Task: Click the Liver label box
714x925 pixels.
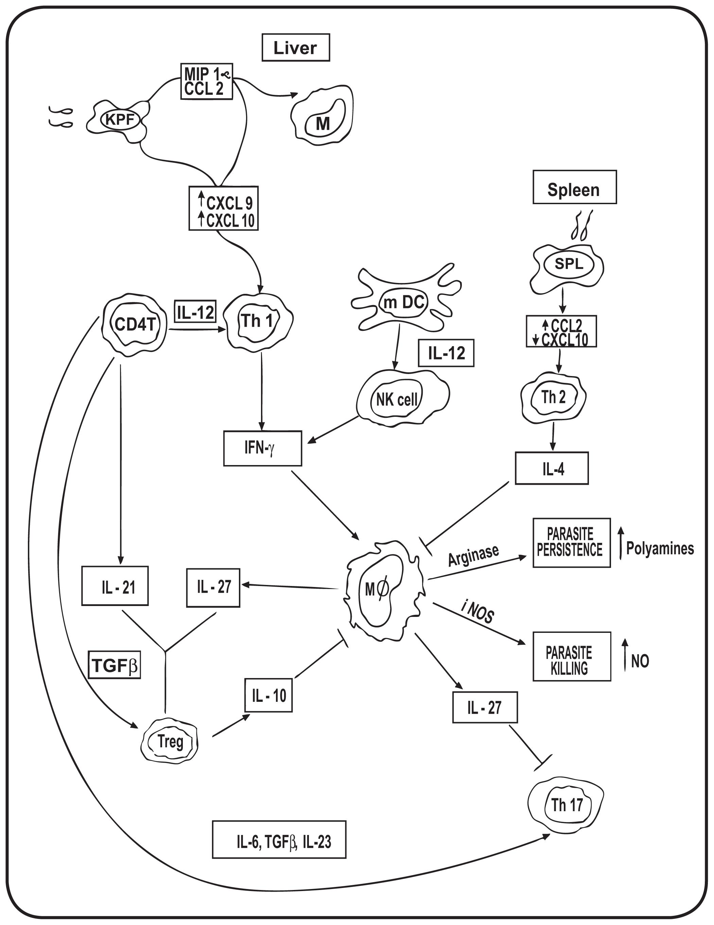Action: tap(295, 48)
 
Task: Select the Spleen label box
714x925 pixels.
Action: tap(574, 187)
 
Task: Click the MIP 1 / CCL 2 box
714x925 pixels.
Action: tap(207, 81)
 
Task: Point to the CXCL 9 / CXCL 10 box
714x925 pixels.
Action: tap(223, 208)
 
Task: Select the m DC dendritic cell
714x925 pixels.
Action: tap(404, 302)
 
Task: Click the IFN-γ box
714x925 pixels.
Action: tap(262, 448)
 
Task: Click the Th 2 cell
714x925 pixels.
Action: tap(553, 397)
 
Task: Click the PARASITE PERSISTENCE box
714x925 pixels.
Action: tap(571, 542)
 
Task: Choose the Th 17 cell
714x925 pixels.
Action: tap(566, 805)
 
